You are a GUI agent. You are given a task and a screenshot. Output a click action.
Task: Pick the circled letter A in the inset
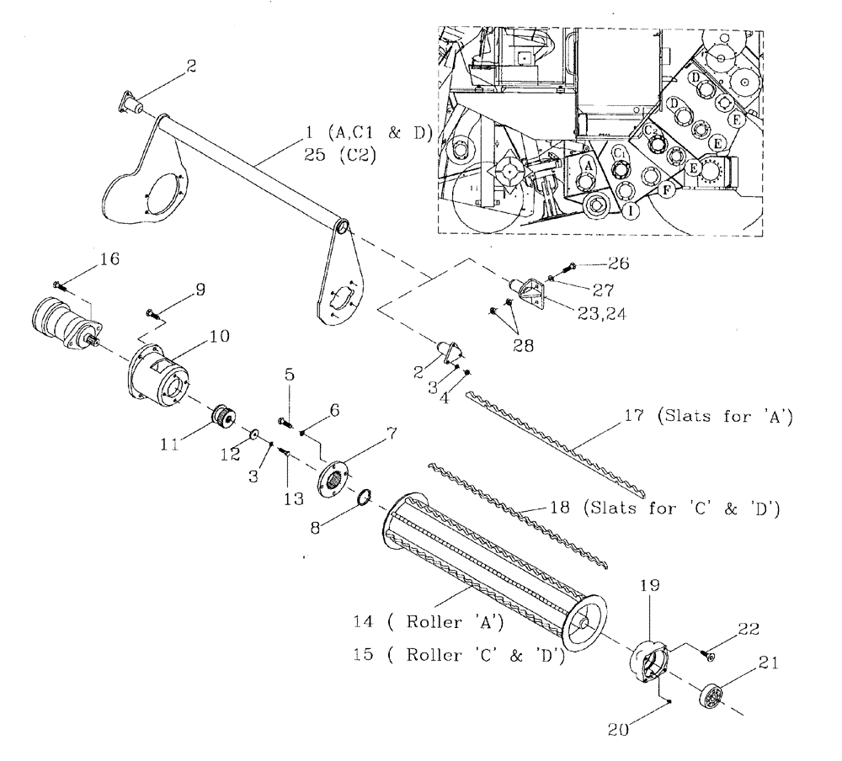(x=589, y=168)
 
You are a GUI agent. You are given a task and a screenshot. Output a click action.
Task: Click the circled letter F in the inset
(x=666, y=191)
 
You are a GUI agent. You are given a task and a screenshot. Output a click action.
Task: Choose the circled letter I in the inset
(x=630, y=210)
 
